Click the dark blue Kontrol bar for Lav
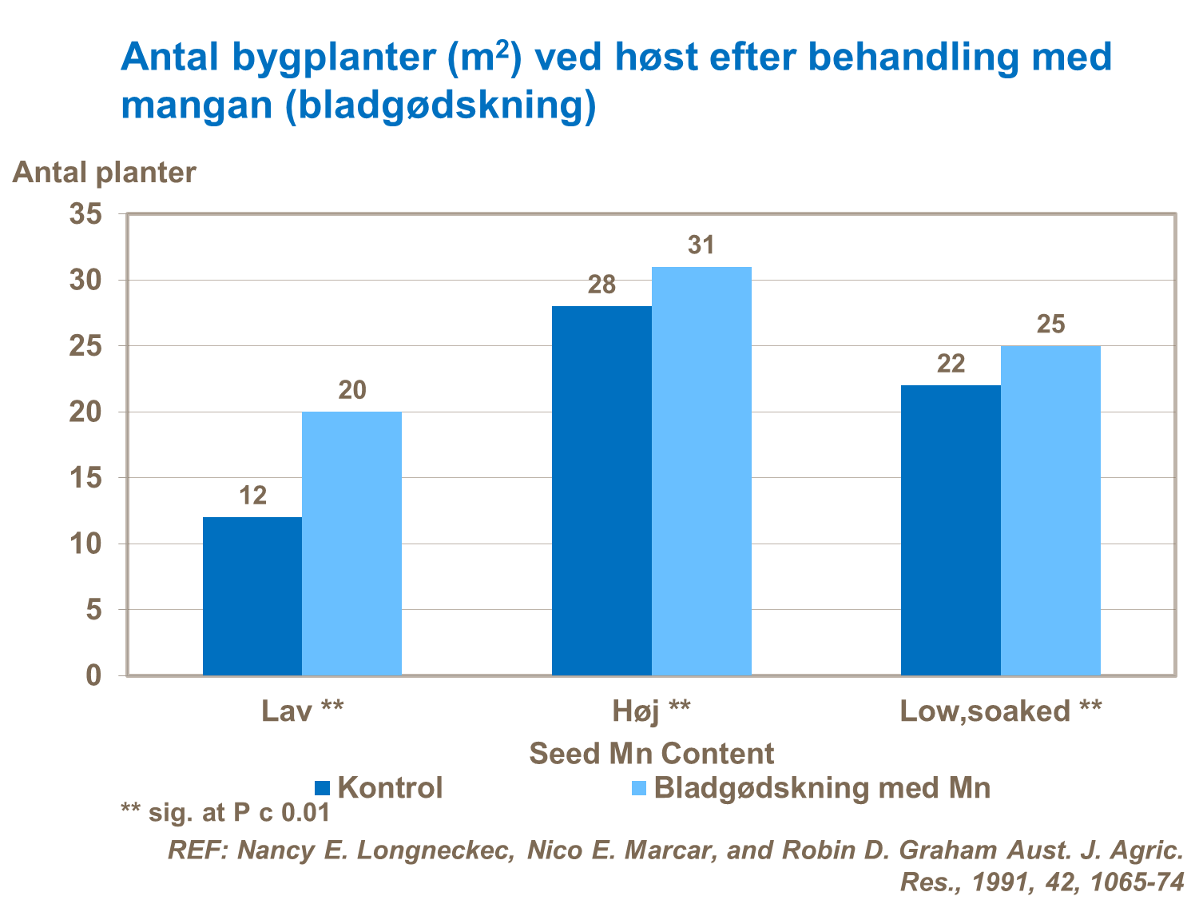point(252,596)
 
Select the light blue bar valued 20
point(351,544)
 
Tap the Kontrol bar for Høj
point(601,491)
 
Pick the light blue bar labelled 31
point(701,472)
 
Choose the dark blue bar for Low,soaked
point(951,531)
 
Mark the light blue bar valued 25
point(1050,511)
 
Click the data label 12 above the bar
point(252,496)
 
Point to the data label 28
point(601,285)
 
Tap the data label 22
point(951,364)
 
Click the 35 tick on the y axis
point(88,215)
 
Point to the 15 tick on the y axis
point(88,479)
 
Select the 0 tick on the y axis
point(94,676)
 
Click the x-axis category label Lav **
point(303,711)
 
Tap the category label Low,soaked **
point(1000,711)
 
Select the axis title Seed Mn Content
point(651,754)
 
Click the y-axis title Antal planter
point(104,173)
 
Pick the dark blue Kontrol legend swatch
point(323,788)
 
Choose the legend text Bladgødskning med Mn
point(822,788)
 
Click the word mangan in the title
point(197,106)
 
